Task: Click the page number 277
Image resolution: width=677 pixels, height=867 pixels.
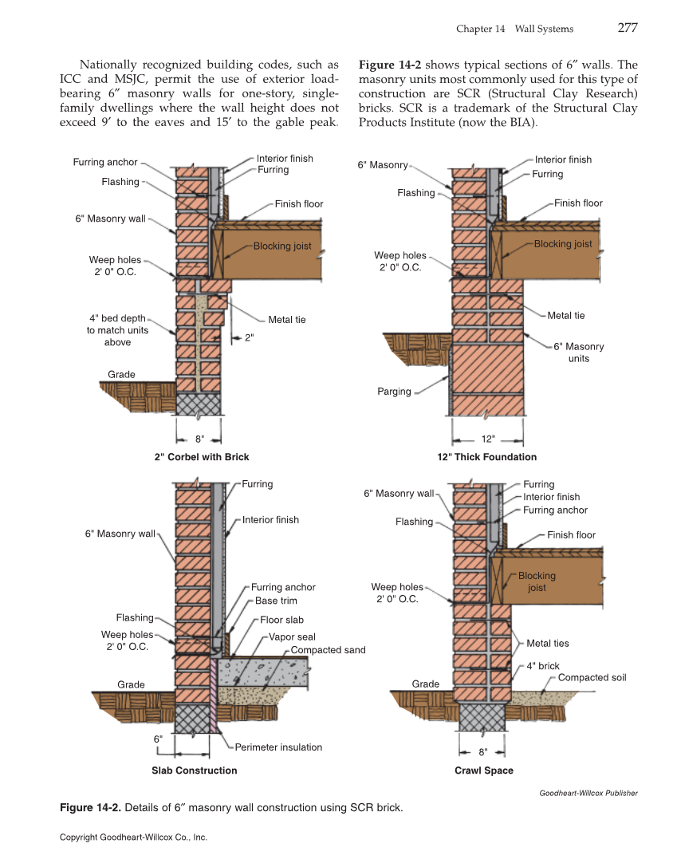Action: click(627, 28)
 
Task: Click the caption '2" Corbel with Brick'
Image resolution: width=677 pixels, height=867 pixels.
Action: click(202, 457)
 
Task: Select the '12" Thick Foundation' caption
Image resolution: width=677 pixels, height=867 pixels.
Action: click(486, 457)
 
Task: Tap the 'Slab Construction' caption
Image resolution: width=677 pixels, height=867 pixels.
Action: click(194, 770)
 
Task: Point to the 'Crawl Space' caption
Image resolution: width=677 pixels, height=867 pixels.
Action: click(483, 770)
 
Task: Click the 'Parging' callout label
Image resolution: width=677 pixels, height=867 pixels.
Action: click(394, 392)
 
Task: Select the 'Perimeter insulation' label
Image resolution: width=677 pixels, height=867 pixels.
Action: click(278, 747)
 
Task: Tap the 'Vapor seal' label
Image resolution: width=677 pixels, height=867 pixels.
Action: click(292, 637)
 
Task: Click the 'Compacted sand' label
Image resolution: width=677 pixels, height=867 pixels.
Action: click(328, 650)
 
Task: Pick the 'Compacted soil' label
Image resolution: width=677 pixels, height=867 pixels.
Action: click(592, 678)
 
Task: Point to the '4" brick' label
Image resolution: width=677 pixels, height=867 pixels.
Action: click(543, 666)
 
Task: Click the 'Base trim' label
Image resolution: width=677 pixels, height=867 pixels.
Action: click(276, 601)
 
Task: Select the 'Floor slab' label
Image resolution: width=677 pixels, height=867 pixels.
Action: click(281, 620)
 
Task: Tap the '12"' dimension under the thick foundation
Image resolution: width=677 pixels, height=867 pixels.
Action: click(488, 439)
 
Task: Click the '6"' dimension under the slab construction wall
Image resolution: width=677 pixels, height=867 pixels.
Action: click(158, 739)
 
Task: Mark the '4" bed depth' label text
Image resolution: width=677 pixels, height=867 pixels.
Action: click(117, 318)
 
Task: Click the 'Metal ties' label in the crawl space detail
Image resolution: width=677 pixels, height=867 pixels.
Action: click(548, 644)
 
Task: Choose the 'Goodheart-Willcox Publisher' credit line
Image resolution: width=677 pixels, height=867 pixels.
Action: click(588, 793)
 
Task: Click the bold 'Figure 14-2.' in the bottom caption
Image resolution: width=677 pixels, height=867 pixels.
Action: click(91, 808)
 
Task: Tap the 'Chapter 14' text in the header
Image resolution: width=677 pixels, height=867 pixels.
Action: click(481, 29)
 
